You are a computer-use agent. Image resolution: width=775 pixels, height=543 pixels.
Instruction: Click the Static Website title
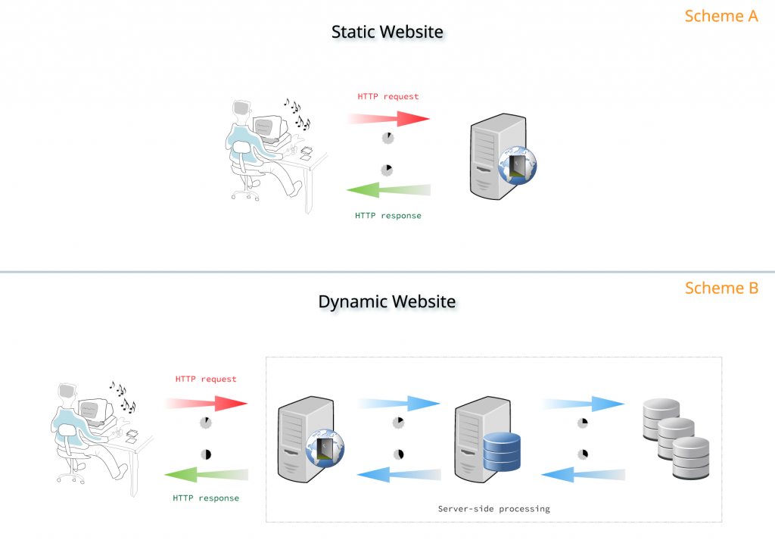pyautogui.click(x=387, y=32)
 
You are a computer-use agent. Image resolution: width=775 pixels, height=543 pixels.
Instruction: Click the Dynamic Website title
pyautogui.click(x=387, y=301)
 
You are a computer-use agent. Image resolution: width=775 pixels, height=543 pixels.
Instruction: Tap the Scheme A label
pyautogui.click(x=721, y=16)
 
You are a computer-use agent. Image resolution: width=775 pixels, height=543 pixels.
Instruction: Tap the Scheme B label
pyautogui.click(x=721, y=289)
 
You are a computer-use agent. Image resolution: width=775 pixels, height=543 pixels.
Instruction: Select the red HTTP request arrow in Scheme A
pyautogui.click(x=390, y=118)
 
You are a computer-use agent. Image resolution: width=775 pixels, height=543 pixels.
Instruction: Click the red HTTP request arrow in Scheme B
pyautogui.click(x=208, y=403)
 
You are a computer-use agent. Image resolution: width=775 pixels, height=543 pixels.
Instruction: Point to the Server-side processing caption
pyautogui.click(x=493, y=509)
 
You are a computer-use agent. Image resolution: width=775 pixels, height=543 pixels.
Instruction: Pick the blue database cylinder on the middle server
pyautogui.click(x=503, y=451)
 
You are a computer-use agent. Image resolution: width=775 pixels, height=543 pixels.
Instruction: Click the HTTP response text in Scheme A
pyautogui.click(x=387, y=216)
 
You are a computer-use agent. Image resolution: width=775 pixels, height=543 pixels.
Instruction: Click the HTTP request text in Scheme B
pyautogui.click(x=206, y=379)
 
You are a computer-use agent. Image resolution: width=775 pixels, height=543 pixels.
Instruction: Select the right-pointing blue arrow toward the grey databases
pyautogui.click(x=583, y=404)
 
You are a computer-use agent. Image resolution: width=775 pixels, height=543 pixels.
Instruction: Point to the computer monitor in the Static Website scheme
pyautogui.click(x=268, y=129)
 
